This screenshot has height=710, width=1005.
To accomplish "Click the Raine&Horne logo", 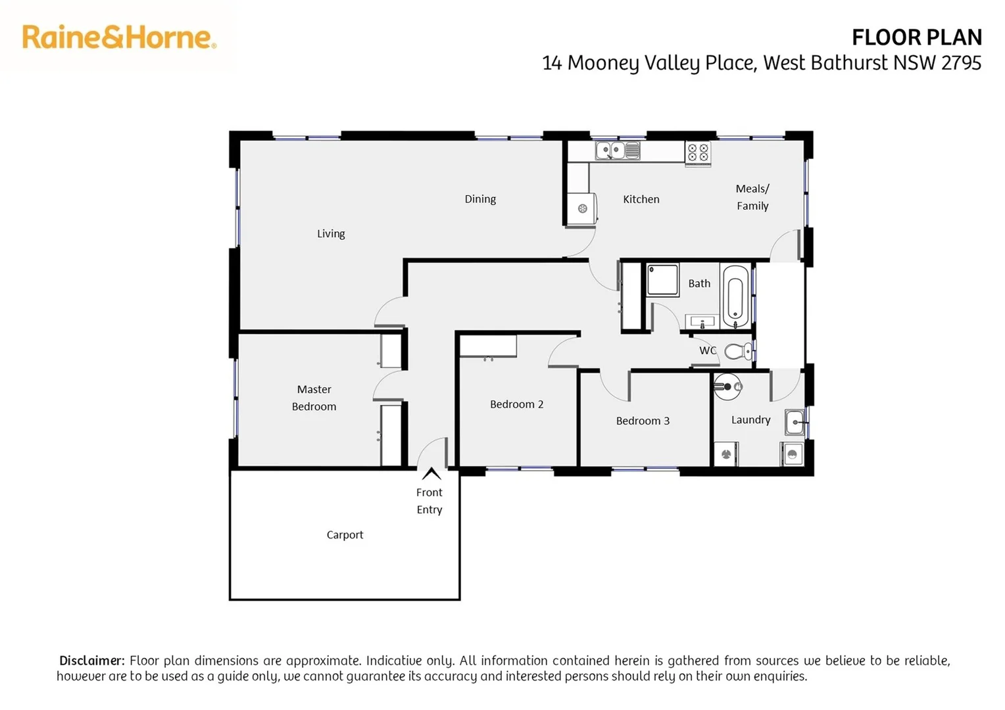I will coord(119,37).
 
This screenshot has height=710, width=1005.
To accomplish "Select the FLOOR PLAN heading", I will coord(916,37).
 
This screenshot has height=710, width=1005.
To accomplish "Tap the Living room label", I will coord(331,233).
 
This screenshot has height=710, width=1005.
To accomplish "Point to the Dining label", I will coord(480,199).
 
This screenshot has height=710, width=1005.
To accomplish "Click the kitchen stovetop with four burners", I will coord(698,153).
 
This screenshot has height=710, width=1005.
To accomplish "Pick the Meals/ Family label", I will coord(752,197).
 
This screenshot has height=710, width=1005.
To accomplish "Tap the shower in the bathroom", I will coord(662,280).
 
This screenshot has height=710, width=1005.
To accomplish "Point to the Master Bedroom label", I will coord(314,398).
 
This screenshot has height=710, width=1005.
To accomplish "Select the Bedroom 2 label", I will coord(516,404).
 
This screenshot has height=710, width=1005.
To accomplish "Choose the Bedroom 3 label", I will coord(643,421).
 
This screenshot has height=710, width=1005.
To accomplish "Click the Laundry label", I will coord(750,419).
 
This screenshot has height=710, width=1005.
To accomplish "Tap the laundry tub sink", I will coord(795,422).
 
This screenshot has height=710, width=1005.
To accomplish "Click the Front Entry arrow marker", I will coord(431,473).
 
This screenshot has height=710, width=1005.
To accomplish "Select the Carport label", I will coord(345,534).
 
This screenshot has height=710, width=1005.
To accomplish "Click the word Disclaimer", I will coord(91,660).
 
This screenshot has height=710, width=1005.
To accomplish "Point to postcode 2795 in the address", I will coord(961,62).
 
